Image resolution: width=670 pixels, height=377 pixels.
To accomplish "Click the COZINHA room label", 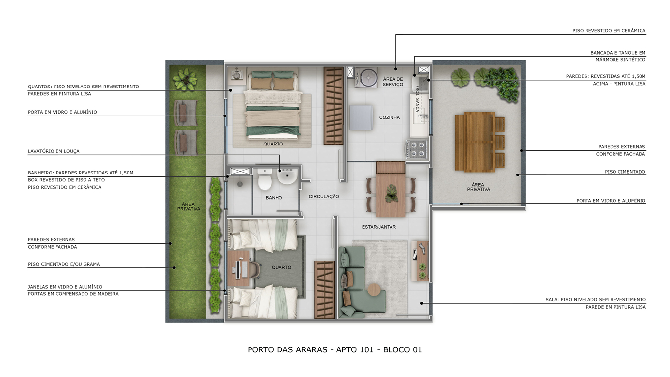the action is click(390, 117).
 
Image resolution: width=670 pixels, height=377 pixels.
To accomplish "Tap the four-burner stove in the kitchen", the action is click(417, 149).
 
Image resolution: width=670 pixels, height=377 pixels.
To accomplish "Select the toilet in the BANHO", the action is click(265, 179).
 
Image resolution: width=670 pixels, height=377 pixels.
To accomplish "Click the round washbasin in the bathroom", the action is click(287, 176).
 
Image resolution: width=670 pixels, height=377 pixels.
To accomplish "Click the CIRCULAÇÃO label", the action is click(324, 196).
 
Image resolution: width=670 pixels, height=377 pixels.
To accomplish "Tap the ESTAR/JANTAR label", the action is click(379, 227).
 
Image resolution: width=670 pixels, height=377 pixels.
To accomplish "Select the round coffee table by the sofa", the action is click(374, 290).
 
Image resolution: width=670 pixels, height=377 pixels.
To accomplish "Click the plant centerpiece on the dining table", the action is click(391, 193).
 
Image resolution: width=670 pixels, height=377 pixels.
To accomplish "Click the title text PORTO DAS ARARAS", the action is click(287, 349).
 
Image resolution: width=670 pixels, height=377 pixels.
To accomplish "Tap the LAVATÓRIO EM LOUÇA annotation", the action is click(54, 151).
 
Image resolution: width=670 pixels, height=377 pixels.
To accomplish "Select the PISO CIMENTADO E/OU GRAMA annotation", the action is click(64, 264).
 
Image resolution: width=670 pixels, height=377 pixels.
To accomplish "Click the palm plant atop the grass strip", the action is click(186, 79).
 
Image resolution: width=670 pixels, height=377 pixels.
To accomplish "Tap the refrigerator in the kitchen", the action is click(361, 117).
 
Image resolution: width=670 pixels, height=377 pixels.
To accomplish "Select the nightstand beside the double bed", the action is click(238, 75).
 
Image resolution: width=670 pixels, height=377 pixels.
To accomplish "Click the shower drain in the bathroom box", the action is click(240, 184).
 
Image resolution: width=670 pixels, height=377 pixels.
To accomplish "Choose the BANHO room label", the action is click(274, 198).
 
